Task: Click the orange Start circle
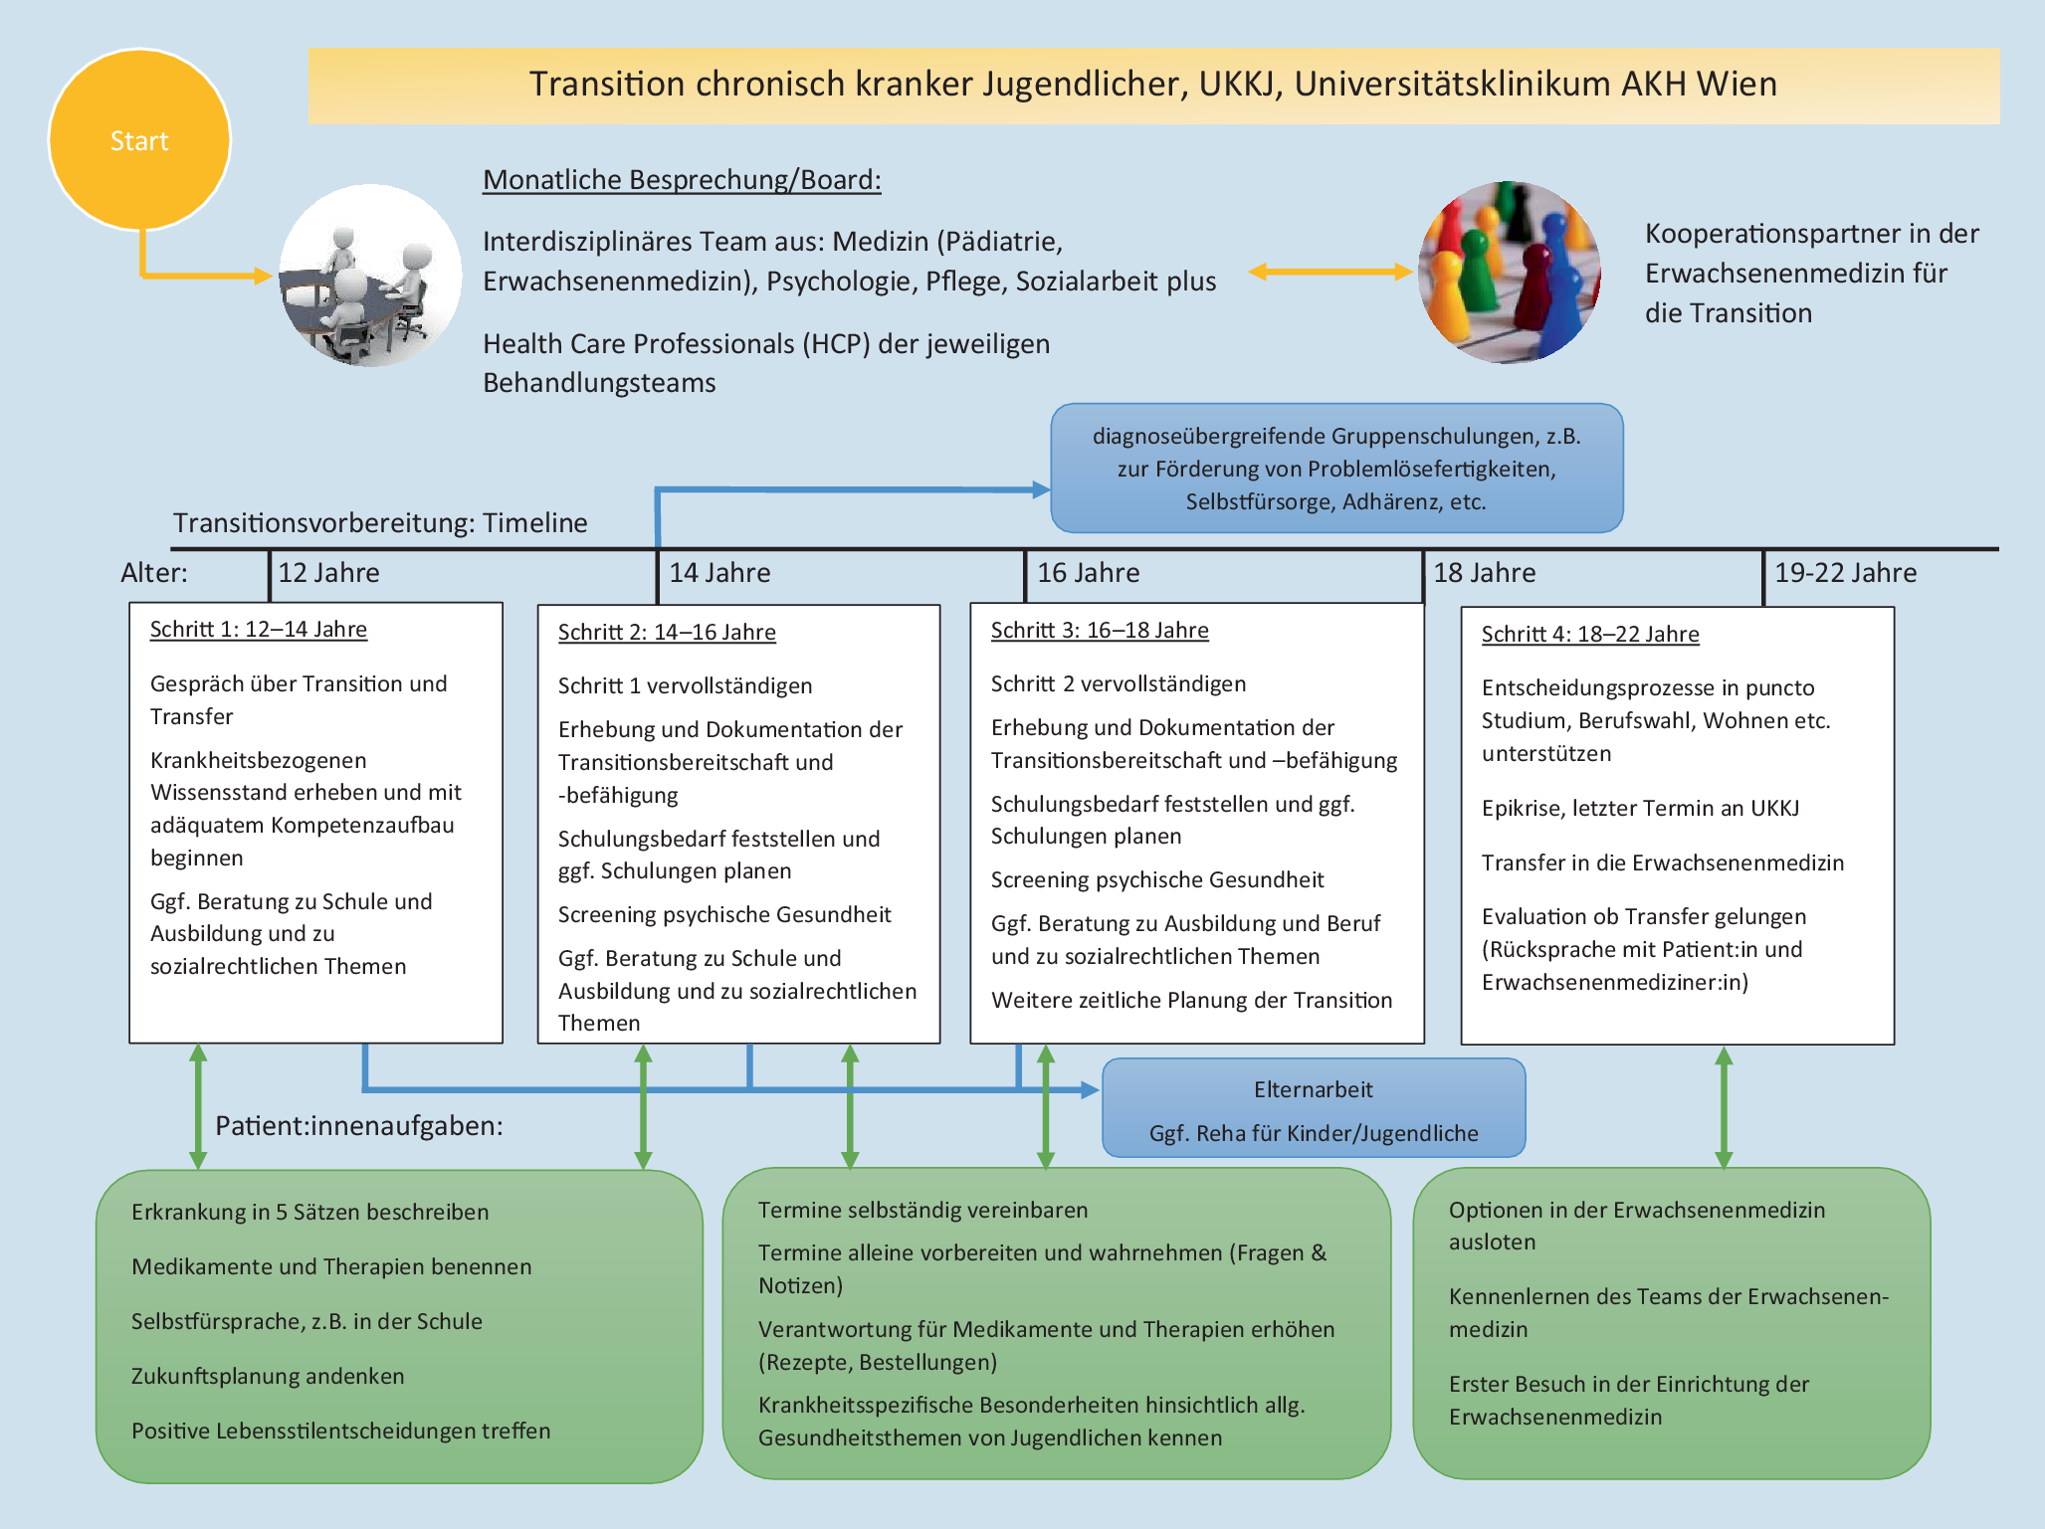[x=139, y=140]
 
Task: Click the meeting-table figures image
[x=370, y=276]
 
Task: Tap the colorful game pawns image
[x=1510, y=272]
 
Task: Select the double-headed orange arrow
[x=1330, y=272]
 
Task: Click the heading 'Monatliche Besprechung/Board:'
[x=682, y=180]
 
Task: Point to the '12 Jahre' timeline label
[x=328, y=573]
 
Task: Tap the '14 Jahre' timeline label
[x=719, y=573]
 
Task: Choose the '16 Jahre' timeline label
[x=1088, y=573]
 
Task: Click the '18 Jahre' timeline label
[x=1484, y=573]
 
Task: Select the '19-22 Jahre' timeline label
[x=1845, y=573]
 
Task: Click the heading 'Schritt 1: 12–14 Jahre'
[x=259, y=630]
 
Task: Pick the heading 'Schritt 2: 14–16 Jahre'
[x=667, y=633]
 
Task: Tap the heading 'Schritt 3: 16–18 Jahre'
[x=1100, y=631]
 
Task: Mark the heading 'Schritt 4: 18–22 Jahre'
[x=1590, y=635]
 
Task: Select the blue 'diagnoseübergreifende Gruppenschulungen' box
[x=1336, y=469]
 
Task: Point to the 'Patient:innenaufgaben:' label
[x=359, y=1126]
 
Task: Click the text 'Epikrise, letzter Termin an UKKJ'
[x=1640, y=808]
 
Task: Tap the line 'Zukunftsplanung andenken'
[x=268, y=1377]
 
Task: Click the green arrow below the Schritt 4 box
[x=1724, y=1107]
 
